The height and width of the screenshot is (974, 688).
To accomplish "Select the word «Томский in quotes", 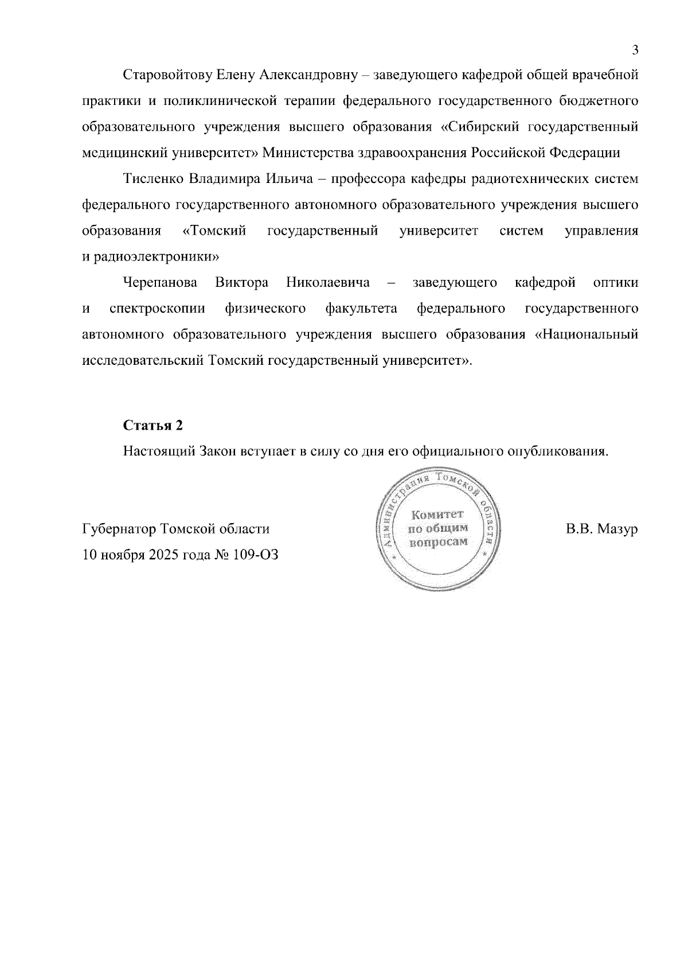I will coord(214,231).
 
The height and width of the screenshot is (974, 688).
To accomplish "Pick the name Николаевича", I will coord(328,283).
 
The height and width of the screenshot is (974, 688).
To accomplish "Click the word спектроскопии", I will coord(157,309).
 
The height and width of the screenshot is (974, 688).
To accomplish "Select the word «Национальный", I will coord(586,335).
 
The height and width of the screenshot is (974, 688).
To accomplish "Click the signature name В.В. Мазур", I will coord(601,529).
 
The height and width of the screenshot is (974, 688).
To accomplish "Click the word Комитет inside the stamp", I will coord(437,515).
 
